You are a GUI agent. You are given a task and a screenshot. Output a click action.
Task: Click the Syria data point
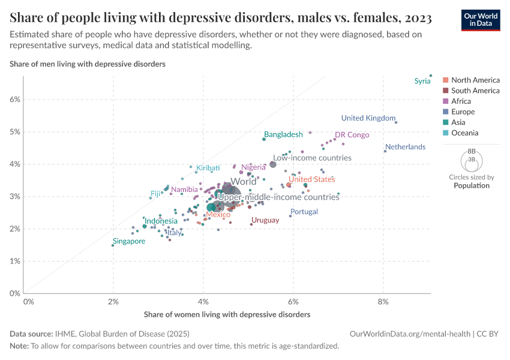(x=430, y=76)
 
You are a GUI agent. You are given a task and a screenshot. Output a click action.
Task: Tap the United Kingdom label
(x=368, y=118)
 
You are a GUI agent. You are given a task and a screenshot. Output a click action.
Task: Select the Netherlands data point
(x=385, y=151)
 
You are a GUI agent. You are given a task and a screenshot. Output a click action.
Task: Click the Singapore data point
(x=113, y=245)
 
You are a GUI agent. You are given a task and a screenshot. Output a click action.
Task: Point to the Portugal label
(x=304, y=212)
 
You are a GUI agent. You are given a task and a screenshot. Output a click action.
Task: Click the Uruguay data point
(x=251, y=224)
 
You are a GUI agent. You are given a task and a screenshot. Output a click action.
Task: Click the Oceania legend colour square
(x=445, y=133)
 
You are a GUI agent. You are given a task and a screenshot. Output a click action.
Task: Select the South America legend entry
(x=475, y=91)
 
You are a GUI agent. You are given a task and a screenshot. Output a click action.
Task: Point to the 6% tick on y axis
(x=16, y=100)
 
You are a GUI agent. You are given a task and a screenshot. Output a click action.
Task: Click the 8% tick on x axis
(x=383, y=302)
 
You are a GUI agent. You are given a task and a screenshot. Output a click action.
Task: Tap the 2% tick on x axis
(x=113, y=302)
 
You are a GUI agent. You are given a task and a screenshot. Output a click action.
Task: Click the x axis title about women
(x=227, y=314)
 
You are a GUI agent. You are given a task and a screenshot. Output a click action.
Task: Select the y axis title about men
(x=88, y=63)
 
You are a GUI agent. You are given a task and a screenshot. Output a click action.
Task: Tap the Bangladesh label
(x=283, y=134)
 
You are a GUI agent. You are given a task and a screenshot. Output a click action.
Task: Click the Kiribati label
(x=208, y=168)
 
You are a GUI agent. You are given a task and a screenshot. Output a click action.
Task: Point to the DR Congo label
(x=352, y=135)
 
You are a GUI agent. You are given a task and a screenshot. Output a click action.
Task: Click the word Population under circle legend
(x=472, y=185)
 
